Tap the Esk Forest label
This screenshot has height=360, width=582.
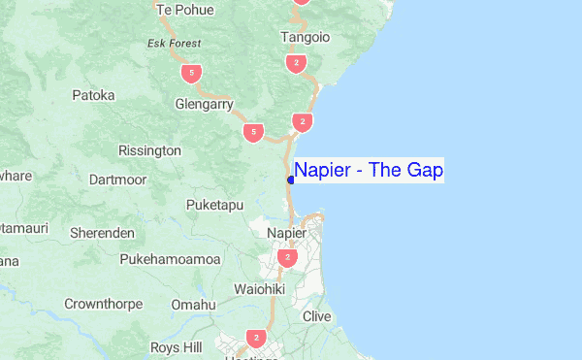click(x=174, y=44)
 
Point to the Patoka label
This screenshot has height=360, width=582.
click(x=93, y=95)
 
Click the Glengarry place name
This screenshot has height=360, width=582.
click(x=204, y=103)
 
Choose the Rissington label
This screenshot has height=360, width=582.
click(x=149, y=150)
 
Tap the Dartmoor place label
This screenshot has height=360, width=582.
click(x=116, y=180)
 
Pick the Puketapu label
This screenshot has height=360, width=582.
click(x=215, y=205)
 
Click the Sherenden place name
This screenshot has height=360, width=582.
click(x=102, y=233)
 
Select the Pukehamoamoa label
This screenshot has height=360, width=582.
click(x=171, y=259)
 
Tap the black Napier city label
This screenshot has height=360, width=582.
click(x=286, y=234)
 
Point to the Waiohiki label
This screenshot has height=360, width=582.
click(x=260, y=289)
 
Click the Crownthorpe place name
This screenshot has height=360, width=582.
click(x=103, y=304)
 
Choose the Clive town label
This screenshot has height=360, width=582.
click(x=317, y=316)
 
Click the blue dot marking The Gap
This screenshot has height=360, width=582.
click(x=291, y=180)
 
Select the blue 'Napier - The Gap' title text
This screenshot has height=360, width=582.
click(x=369, y=171)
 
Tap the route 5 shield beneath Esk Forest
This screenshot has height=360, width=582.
click(x=193, y=73)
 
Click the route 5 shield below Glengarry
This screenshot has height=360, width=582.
click(x=253, y=131)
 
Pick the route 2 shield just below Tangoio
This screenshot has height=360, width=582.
click(x=296, y=63)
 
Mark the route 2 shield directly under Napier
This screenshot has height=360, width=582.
click(x=287, y=257)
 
